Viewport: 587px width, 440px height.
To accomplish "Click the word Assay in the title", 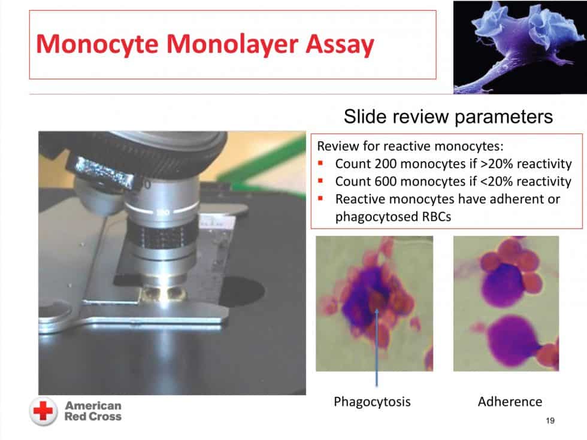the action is coord(340,45).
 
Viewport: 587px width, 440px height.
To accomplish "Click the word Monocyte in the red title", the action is coord(97,45).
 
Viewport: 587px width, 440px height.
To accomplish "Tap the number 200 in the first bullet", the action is coord(385,163).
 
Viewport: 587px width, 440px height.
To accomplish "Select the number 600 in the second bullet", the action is coord(385,181).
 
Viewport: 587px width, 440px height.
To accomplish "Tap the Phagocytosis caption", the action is coord(372,402).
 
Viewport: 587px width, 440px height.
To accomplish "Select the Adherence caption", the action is coord(510,402).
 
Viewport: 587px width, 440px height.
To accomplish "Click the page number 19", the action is coord(550,420).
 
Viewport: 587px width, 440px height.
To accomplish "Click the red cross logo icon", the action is coord(43,411).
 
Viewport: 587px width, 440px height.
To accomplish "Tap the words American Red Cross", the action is coord(93,411).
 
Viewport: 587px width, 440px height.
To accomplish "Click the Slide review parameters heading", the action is coord(448,117).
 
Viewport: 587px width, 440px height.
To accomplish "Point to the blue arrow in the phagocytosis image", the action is coord(377,347).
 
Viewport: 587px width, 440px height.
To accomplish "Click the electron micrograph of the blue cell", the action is coord(520,47).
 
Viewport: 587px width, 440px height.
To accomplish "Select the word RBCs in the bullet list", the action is coord(437,217).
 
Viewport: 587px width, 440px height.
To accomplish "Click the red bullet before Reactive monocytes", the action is coord(320,198).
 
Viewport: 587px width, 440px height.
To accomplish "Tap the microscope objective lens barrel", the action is coord(162,232).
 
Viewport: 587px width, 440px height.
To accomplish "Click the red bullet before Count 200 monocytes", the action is coord(320,163).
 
